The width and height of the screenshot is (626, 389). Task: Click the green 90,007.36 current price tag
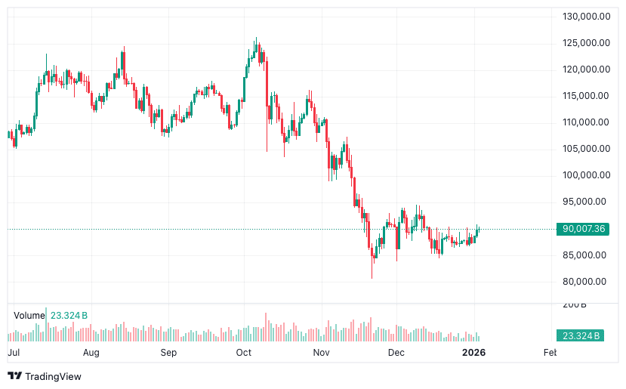581,229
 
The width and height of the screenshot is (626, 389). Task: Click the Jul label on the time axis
14,353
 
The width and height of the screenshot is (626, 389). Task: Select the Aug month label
91,353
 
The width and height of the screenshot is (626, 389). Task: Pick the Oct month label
243,353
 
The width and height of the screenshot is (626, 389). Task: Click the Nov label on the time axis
322,353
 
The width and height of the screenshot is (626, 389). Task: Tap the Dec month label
396,353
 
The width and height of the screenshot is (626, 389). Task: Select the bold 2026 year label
473,353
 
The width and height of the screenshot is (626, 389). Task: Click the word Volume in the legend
29,315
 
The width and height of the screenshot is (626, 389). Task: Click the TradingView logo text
53,376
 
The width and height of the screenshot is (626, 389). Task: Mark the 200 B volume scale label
575,304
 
